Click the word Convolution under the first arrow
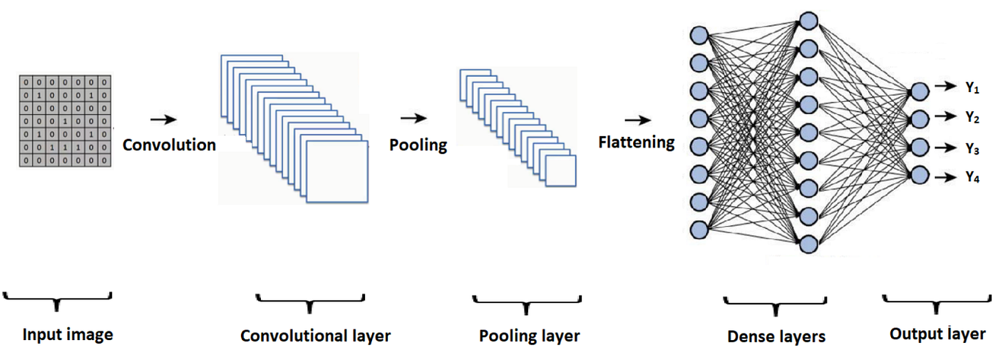tap(169, 145)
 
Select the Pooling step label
tap(418, 145)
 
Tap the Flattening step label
tap(636, 142)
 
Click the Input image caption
tap(68, 334)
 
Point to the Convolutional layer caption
tap(315, 335)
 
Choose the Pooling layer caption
tap(529, 335)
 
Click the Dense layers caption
tap(776, 336)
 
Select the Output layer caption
tap(937, 334)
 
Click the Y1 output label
tap(972, 87)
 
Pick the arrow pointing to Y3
tap(945, 148)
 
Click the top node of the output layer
tap(920, 91)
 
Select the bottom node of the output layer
tap(920, 175)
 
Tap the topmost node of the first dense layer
tap(699, 34)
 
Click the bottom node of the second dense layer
tap(808, 245)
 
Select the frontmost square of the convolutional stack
tap(336, 171)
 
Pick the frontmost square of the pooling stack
tap(560, 170)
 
